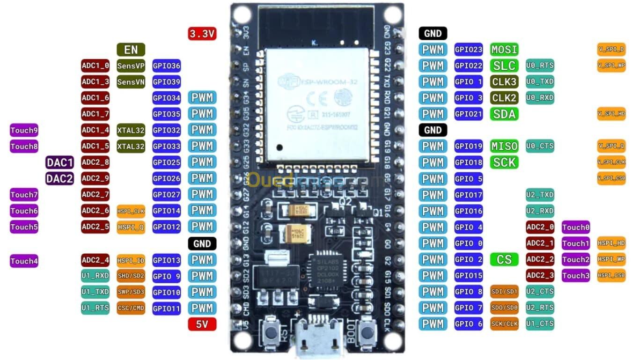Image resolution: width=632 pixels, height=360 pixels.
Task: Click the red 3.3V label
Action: click(202, 33)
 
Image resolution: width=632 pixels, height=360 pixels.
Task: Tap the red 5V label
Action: click(202, 324)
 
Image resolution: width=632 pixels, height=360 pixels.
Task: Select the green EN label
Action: click(131, 50)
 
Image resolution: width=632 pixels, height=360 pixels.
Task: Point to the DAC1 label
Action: click(59, 162)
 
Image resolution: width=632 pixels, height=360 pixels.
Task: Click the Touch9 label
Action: click(24, 130)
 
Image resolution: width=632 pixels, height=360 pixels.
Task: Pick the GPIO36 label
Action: click(167, 66)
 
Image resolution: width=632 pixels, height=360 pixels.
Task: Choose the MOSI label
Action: click(504, 49)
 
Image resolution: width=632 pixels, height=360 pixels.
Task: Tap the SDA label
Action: click(504, 114)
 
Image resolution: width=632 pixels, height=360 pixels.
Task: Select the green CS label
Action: click(504, 259)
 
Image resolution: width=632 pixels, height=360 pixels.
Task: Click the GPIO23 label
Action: click(468, 50)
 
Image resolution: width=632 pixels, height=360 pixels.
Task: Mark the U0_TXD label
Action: click(540, 82)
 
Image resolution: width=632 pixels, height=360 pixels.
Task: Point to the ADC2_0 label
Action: click(540, 228)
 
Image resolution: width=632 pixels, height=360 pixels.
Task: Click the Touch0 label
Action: click(575, 228)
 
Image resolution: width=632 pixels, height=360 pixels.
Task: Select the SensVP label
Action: click(131, 66)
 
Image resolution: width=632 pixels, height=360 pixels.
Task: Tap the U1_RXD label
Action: click(95, 276)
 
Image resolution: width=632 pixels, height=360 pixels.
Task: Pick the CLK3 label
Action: click(504, 82)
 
